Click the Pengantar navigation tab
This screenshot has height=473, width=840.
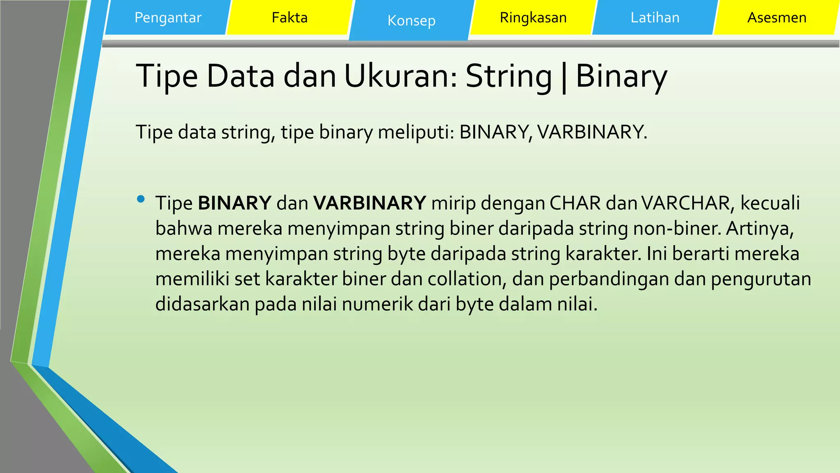point(168,18)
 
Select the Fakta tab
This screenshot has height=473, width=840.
point(290,18)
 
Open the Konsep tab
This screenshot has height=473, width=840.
point(411,21)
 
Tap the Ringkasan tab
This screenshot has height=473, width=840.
point(533,18)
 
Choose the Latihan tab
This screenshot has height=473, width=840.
point(655,18)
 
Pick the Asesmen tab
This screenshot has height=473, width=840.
point(777,18)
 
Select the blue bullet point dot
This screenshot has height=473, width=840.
point(141,200)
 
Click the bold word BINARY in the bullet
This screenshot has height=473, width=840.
point(235,203)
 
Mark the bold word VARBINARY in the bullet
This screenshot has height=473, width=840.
point(370,203)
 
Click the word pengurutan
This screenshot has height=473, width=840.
point(761,279)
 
